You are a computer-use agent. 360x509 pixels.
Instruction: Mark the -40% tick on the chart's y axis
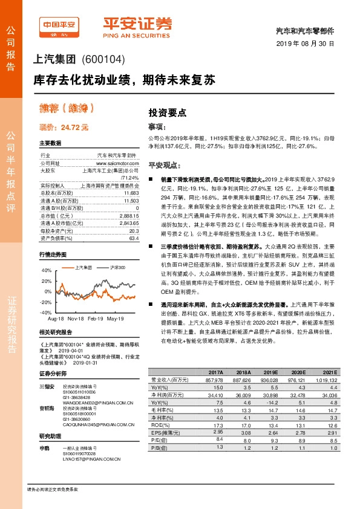coord(46,312)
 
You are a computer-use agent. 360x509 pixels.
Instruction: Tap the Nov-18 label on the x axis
coord(76,318)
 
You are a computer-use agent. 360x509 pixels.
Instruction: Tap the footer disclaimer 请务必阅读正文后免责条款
coord(53,488)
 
